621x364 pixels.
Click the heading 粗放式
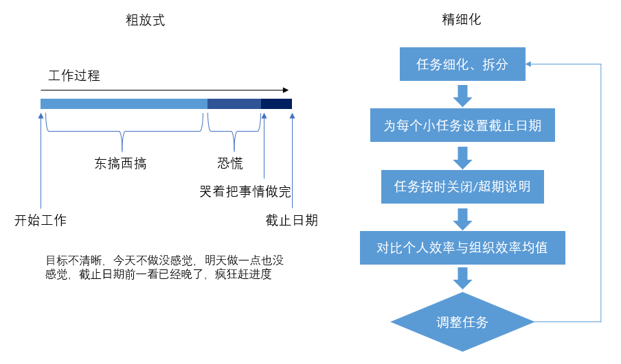point(146,20)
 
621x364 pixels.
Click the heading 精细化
point(462,19)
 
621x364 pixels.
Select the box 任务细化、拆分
point(462,64)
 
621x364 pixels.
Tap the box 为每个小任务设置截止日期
point(462,125)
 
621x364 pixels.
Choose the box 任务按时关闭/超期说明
point(462,186)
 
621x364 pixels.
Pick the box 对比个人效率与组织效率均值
point(462,247)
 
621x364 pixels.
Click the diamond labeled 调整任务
point(462,321)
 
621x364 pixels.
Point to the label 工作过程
point(74,75)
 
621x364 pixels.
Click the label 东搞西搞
point(120,163)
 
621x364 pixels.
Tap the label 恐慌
point(230,163)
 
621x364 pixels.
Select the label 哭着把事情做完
point(245,192)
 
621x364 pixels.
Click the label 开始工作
point(41,220)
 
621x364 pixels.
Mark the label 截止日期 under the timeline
point(291,220)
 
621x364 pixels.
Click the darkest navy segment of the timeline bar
point(276,104)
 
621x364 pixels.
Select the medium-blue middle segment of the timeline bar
point(234,104)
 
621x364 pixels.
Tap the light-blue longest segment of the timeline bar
point(124,104)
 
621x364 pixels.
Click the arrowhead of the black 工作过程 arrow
point(286,90)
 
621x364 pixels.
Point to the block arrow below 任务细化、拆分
point(462,95)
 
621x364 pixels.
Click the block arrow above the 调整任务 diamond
point(462,278)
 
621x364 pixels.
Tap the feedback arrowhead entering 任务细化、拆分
point(528,64)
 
